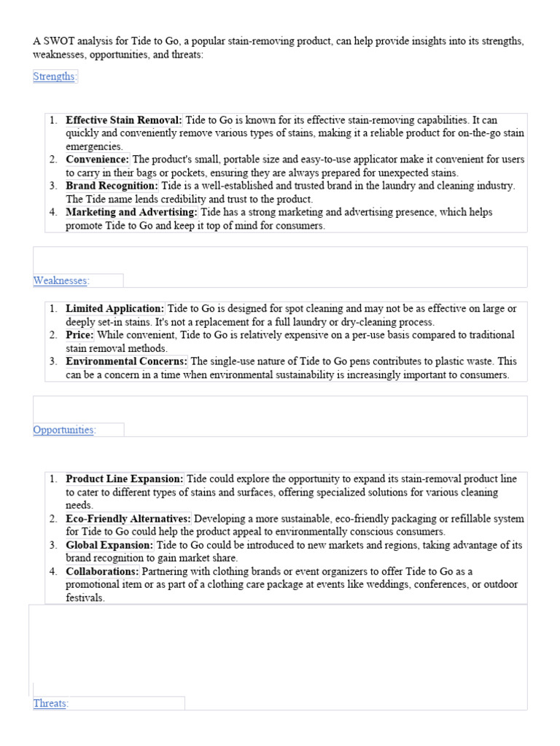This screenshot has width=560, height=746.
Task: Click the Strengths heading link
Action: tap(54, 76)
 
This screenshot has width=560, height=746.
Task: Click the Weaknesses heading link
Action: tap(60, 280)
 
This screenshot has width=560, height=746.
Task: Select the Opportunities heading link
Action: tap(63, 430)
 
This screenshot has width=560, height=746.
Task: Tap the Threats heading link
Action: tap(50, 704)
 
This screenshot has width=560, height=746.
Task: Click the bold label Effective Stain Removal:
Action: tap(124, 120)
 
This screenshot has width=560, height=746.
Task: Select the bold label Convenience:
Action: tap(97, 160)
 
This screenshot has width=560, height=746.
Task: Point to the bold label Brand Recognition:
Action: tap(112, 186)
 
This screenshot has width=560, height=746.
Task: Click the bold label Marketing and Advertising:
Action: tap(131, 212)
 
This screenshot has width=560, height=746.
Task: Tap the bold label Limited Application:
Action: tap(115, 309)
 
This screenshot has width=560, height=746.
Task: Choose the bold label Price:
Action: tap(79, 335)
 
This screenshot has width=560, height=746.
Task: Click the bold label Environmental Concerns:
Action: tap(127, 361)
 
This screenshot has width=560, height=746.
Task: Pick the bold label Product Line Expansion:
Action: tap(125, 479)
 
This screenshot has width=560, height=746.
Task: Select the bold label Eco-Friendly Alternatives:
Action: tap(128, 519)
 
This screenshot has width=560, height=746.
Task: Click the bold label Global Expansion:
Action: tap(109, 545)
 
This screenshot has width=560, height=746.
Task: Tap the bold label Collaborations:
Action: tap(102, 571)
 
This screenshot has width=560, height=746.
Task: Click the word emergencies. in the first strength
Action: tap(94, 146)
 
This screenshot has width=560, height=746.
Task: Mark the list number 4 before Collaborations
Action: tap(53, 571)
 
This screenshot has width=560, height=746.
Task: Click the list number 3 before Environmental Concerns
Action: tap(53, 361)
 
